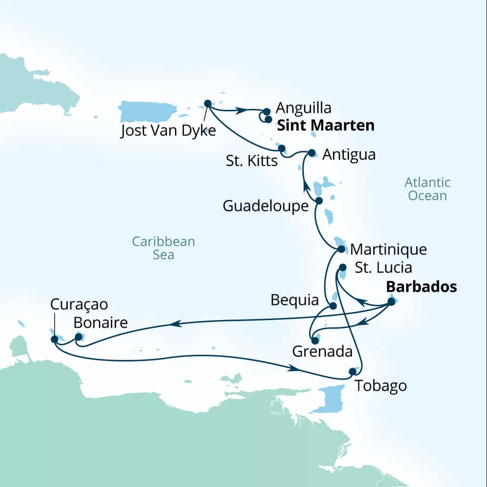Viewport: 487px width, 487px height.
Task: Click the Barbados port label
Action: pyautogui.click(x=421, y=287)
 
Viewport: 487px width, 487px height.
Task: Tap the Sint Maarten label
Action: pyautogui.click(x=325, y=126)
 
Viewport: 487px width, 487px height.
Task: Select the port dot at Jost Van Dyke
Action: pyautogui.click(x=207, y=103)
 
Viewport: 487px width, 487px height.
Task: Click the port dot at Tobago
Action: pyautogui.click(x=352, y=371)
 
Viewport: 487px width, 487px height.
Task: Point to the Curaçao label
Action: pyautogui.click(x=79, y=304)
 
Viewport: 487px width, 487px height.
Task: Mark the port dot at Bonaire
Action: pyautogui.click(x=78, y=337)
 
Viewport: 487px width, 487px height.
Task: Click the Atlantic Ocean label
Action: pyautogui.click(x=427, y=189)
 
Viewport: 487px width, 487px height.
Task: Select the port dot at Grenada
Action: pyautogui.click(x=315, y=341)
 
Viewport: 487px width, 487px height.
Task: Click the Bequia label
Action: pyautogui.click(x=294, y=300)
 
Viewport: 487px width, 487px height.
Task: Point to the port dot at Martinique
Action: pyautogui.click(x=341, y=249)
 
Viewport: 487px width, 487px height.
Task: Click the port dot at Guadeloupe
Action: pyautogui.click(x=319, y=201)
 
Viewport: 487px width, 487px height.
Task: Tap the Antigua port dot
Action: pyautogui.click(x=312, y=153)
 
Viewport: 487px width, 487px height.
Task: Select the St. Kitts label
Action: pyautogui.click(x=252, y=161)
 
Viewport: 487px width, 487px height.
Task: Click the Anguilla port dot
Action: pyautogui.click(x=267, y=112)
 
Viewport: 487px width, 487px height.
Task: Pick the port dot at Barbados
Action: pyautogui.click(x=391, y=301)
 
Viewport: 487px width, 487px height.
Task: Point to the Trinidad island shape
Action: pyautogui.click(x=330, y=399)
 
